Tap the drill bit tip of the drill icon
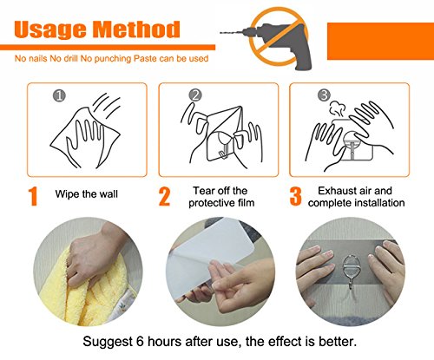[221, 33]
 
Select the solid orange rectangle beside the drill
[380, 41]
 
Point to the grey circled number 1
[59, 95]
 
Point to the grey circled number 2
[195, 95]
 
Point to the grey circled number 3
[324, 95]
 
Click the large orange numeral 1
[34, 196]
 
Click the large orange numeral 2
[164, 196]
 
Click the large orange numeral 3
[295, 196]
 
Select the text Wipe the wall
[87, 194]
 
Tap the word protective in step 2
[212, 203]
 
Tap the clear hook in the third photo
[351, 271]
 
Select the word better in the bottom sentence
[338, 342]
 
